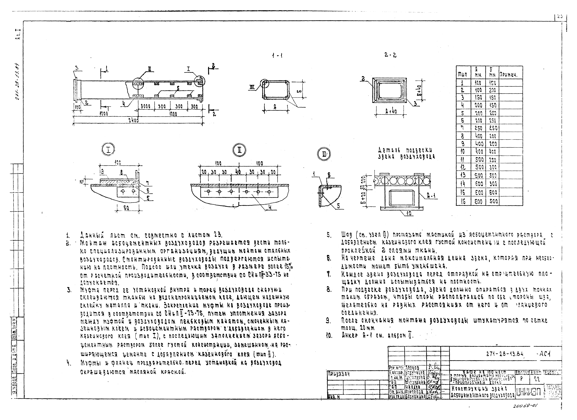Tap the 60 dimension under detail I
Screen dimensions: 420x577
pos(126,208)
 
